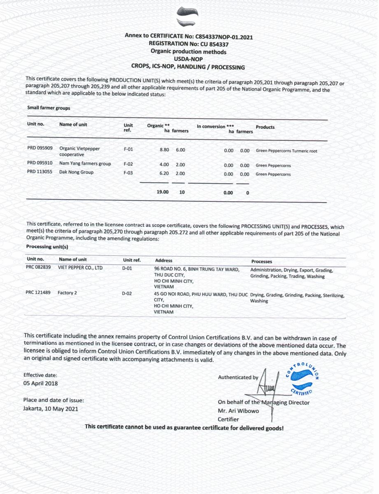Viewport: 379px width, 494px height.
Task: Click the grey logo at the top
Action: tap(187, 17)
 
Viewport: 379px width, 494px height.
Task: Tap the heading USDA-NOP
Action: tap(188, 59)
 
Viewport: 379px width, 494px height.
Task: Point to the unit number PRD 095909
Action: tap(40, 148)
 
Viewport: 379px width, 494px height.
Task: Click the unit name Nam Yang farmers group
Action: tap(85, 164)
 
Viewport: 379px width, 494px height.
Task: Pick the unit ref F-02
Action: tap(128, 164)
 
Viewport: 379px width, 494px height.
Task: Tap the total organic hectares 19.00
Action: tap(163, 192)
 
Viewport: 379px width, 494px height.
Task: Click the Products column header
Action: tap(265, 127)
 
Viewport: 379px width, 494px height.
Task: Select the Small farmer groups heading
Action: tap(49, 108)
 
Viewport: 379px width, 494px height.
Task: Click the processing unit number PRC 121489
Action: tap(38, 292)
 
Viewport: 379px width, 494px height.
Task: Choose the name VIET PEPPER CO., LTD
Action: tap(81, 268)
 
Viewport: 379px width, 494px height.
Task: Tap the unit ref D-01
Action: tap(127, 268)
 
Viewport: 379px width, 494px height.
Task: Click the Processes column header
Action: tap(262, 261)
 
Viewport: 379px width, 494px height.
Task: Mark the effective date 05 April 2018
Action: tap(41, 383)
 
